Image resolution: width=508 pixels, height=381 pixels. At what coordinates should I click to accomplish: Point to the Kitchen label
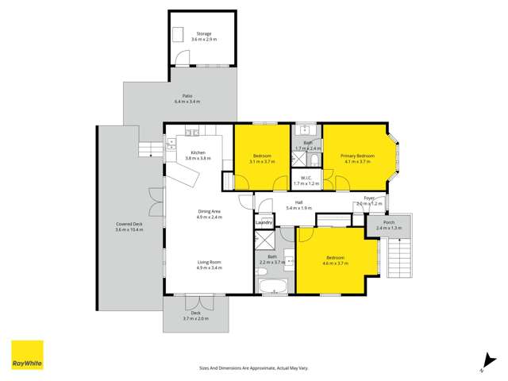(x=198, y=155)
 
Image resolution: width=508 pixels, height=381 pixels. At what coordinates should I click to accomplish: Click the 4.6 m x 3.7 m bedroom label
(x=337, y=260)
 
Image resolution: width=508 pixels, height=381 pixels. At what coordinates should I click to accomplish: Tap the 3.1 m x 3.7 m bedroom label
(x=263, y=158)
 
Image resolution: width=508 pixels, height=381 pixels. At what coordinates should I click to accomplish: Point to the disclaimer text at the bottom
(x=253, y=368)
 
